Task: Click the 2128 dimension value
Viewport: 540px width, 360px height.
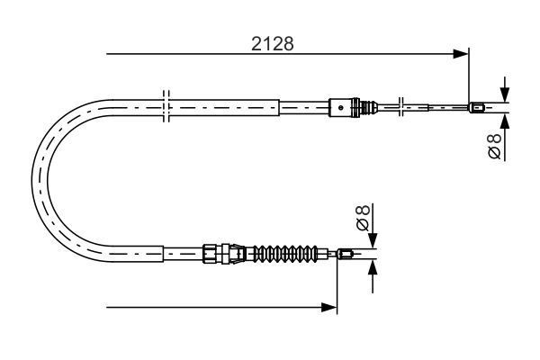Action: coord(273,44)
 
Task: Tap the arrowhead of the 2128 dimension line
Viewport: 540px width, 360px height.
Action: coord(461,54)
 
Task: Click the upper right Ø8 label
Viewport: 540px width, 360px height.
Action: coord(495,147)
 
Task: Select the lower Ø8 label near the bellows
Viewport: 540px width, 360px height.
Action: coord(363,218)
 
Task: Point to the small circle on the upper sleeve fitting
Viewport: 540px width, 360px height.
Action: coord(340,107)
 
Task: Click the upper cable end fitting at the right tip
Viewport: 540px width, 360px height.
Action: coord(477,107)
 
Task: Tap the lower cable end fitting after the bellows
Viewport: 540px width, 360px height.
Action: coord(345,254)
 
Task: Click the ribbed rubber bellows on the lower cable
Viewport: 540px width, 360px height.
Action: coord(285,254)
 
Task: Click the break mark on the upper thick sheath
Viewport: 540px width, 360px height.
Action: coord(166,106)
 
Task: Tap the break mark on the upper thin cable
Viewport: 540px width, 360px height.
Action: coord(400,107)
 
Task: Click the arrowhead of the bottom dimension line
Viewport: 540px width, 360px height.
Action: coord(328,307)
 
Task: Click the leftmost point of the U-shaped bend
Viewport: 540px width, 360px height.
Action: coord(32,180)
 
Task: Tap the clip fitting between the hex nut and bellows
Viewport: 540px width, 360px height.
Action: coord(238,254)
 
